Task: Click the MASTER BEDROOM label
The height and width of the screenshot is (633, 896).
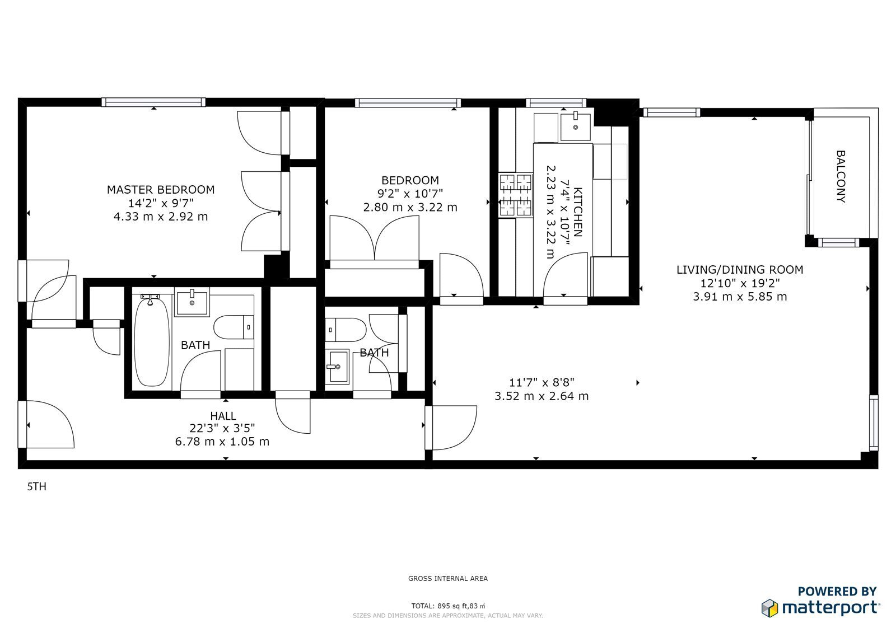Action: pos(160,190)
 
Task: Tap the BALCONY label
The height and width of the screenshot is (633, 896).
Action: pos(841,176)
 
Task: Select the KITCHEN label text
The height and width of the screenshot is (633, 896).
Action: pos(578,212)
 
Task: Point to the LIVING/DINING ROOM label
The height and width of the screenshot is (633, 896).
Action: pos(740,270)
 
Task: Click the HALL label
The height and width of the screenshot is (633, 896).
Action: pos(223,416)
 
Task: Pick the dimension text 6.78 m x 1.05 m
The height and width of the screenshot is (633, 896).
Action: pos(222,442)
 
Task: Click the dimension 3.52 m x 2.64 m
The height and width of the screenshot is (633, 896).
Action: pos(542,396)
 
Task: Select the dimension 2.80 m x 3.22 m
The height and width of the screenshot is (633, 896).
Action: pos(410,208)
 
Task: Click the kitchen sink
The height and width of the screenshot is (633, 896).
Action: pos(576,127)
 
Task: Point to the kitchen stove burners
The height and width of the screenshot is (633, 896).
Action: pos(516,195)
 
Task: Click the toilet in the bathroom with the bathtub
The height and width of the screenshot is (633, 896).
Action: pos(234,327)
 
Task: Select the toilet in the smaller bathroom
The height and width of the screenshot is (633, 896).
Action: pos(346,330)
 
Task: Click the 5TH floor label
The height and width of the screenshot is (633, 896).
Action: pos(37,487)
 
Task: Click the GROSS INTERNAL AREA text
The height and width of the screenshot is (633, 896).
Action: pos(448,578)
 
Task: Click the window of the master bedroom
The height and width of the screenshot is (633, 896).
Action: pos(153,102)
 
